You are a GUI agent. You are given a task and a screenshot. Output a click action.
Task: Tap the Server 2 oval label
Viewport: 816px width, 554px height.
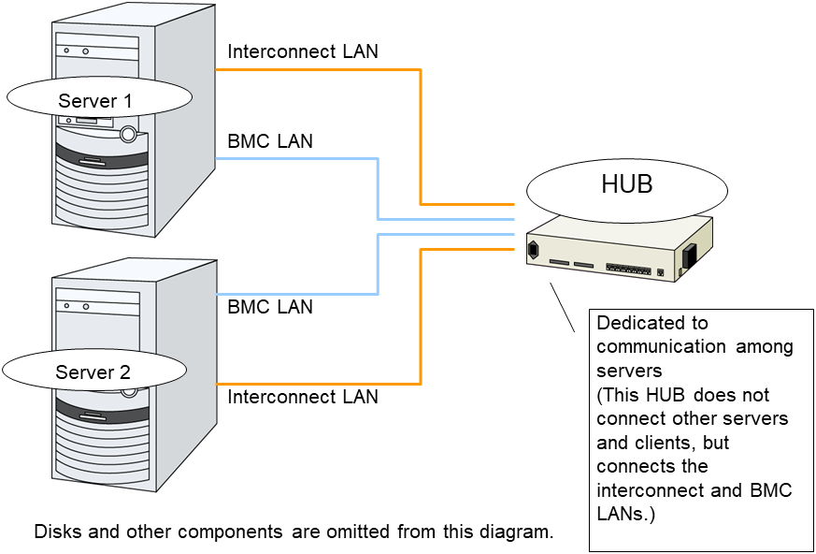(x=93, y=372)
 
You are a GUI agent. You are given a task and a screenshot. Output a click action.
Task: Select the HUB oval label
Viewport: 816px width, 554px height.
(x=626, y=185)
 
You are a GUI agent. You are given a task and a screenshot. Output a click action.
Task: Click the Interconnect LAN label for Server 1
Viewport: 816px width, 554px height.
(x=303, y=51)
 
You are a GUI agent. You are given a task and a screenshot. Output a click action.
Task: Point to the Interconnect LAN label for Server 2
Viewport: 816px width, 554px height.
(x=303, y=397)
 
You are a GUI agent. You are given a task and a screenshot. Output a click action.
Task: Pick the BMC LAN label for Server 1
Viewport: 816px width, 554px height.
(x=270, y=142)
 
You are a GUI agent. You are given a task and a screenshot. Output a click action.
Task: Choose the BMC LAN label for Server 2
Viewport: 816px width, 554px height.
(x=270, y=307)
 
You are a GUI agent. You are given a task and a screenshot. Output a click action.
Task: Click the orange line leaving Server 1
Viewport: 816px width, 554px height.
(x=318, y=69)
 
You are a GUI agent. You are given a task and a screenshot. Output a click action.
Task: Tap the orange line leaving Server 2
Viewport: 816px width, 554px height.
(x=318, y=384)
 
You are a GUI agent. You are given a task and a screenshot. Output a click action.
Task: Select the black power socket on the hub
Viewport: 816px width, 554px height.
(x=535, y=250)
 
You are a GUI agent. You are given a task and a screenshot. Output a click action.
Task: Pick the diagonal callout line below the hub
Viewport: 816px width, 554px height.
(x=561, y=307)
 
